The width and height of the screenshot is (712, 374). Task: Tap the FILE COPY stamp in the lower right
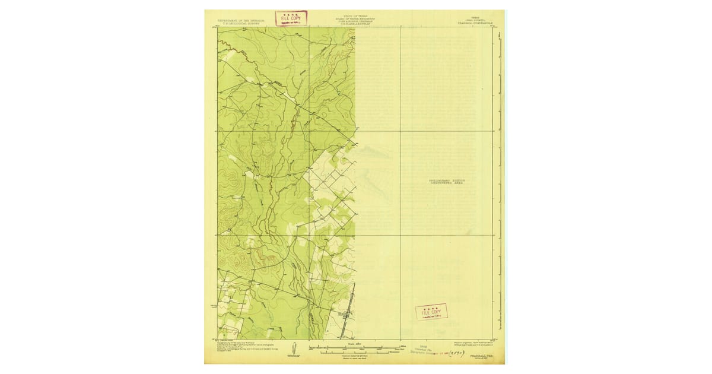(x=431, y=312)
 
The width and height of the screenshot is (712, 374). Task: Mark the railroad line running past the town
(x=354, y=303)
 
